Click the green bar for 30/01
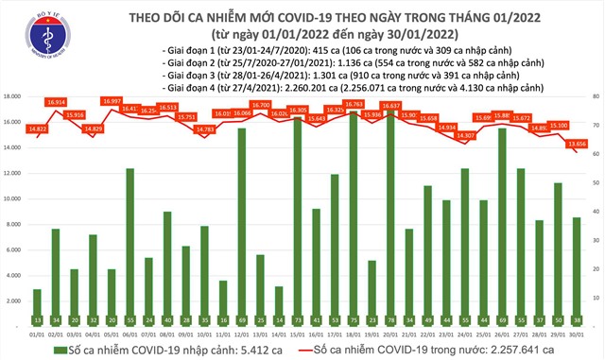pos(576,269)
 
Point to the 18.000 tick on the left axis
pos(12,96)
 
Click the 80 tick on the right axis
pos(594,96)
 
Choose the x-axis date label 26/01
pos(501,332)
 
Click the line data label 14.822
pos(38,129)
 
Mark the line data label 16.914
pos(56,101)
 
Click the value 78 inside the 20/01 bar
pos(389,319)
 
